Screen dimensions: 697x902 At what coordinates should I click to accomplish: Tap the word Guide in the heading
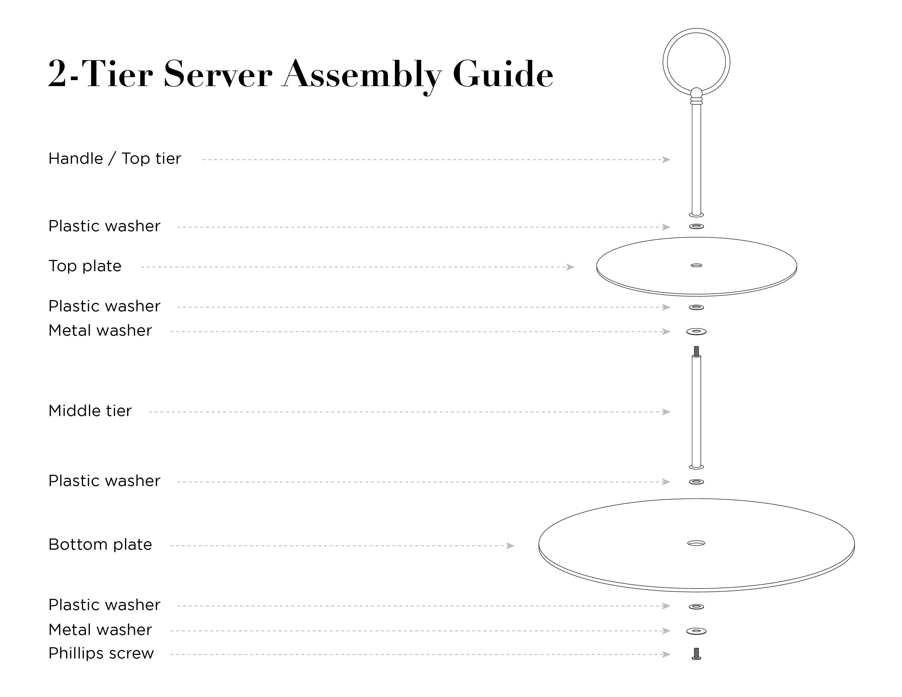pos(503,74)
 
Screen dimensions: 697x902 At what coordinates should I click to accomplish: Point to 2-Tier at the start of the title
pos(100,74)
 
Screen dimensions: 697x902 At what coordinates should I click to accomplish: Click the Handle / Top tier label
pos(115,159)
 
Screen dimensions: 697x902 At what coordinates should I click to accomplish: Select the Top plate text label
pos(85,266)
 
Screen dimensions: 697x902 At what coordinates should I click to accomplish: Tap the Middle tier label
pos(90,411)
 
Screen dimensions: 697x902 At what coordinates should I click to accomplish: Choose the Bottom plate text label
pos(100,545)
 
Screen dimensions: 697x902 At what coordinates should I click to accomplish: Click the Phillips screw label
pos(101,653)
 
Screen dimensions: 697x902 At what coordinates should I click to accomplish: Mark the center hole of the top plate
pos(696,265)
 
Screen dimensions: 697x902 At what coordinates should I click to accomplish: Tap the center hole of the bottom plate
pos(696,543)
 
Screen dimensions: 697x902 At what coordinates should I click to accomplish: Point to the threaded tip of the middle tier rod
pos(696,351)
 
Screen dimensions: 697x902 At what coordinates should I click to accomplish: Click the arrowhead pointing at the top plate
pos(570,267)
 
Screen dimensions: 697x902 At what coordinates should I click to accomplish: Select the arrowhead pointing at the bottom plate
pos(511,546)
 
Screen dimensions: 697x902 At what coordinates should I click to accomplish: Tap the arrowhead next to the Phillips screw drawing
pos(666,654)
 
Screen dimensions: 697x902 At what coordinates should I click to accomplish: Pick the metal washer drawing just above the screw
pos(696,631)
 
